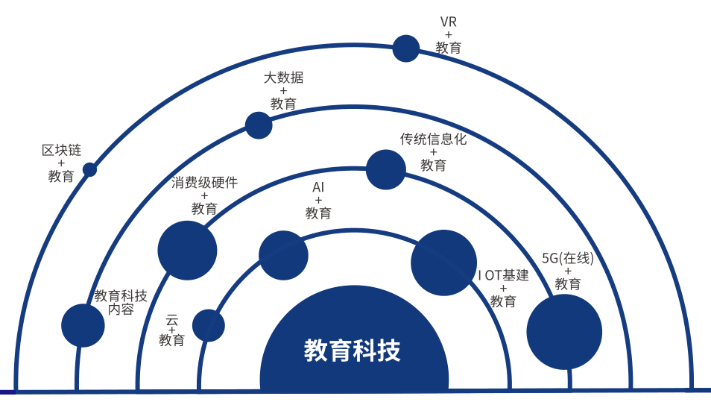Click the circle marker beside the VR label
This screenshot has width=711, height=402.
click(406, 48)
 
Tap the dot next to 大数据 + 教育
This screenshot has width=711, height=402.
click(259, 125)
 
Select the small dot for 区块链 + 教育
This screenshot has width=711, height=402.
click(89, 170)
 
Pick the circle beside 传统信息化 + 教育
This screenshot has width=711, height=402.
click(386, 170)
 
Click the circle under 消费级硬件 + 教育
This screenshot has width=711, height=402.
click(187, 251)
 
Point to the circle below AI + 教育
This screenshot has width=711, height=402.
click(283, 256)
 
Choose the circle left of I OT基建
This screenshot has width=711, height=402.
click(444, 263)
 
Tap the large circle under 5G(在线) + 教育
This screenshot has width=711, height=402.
click(564, 332)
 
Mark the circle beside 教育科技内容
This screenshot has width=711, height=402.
click(83, 326)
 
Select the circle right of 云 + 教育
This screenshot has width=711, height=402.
click(209, 326)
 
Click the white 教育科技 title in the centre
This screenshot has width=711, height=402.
click(353, 351)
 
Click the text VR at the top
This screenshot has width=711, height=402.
click(449, 22)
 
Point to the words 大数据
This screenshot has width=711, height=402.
click(283, 78)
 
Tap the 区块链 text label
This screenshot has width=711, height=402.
click(61, 150)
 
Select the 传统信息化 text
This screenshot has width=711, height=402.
click(433, 139)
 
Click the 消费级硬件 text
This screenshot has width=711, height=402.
click(204, 183)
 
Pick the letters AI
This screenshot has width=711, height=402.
click(318, 187)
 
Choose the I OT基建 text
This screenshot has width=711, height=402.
click(503, 275)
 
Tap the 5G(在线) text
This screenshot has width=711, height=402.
click(568, 258)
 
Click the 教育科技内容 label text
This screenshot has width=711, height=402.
click(121, 303)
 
